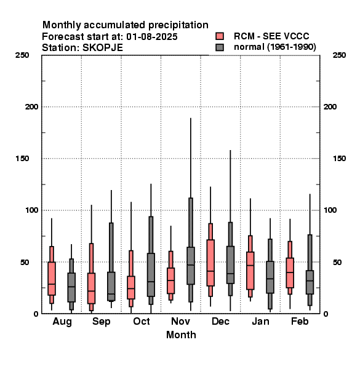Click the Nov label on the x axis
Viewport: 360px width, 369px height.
tap(180, 321)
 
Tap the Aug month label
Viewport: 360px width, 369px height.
tap(62, 322)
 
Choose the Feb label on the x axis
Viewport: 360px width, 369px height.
tap(300, 321)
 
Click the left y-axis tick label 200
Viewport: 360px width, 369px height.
tap(31, 107)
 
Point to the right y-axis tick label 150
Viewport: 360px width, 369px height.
tap(339, 159)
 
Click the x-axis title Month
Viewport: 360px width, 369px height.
tap(181, 335)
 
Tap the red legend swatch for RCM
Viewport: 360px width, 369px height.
tap(220, 36)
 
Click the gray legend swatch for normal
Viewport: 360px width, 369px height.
tap(220, 47)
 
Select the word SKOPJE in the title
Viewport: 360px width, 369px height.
tap(103, 48)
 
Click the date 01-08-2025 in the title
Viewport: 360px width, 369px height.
tap(152, 37)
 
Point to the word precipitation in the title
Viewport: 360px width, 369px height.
tap(178, 25)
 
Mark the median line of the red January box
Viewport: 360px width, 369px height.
tap(250, 266)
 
